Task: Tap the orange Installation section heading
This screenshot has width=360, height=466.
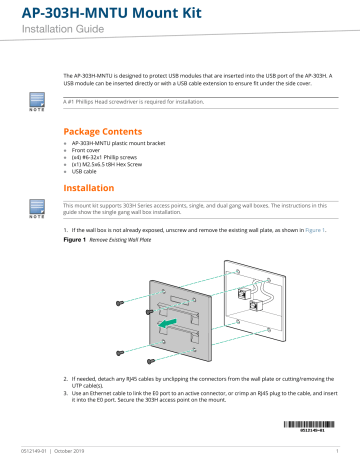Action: tap(93, 186)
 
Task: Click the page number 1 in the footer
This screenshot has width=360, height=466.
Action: tap(338, 456)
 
